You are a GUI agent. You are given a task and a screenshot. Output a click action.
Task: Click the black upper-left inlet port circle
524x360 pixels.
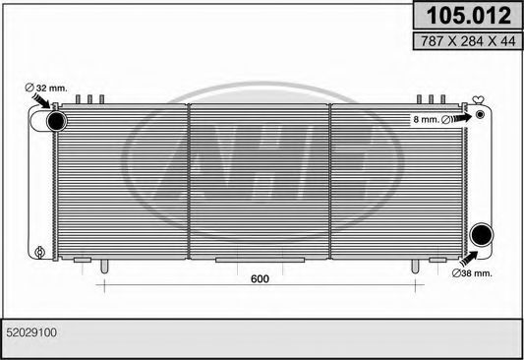pyautogui.click(x=55, y=121)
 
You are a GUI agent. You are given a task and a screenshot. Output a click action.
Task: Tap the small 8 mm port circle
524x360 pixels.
pyautogui.click(x=480, y=116)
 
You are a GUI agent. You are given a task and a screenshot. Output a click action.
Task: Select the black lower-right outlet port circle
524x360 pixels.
pyautogui.click(x=480, y=235)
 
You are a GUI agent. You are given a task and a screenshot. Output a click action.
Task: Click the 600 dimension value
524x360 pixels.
pyautogui.click(x=260, y=278)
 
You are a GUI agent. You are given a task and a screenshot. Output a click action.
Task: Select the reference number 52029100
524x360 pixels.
pyautogui.click(x=31, y=333)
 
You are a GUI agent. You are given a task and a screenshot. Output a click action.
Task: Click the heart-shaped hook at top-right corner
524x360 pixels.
pyautogui.click(x=479, y=99)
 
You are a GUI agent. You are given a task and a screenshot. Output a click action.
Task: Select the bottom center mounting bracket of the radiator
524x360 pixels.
pyautogui.click(x=240, y=261)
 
